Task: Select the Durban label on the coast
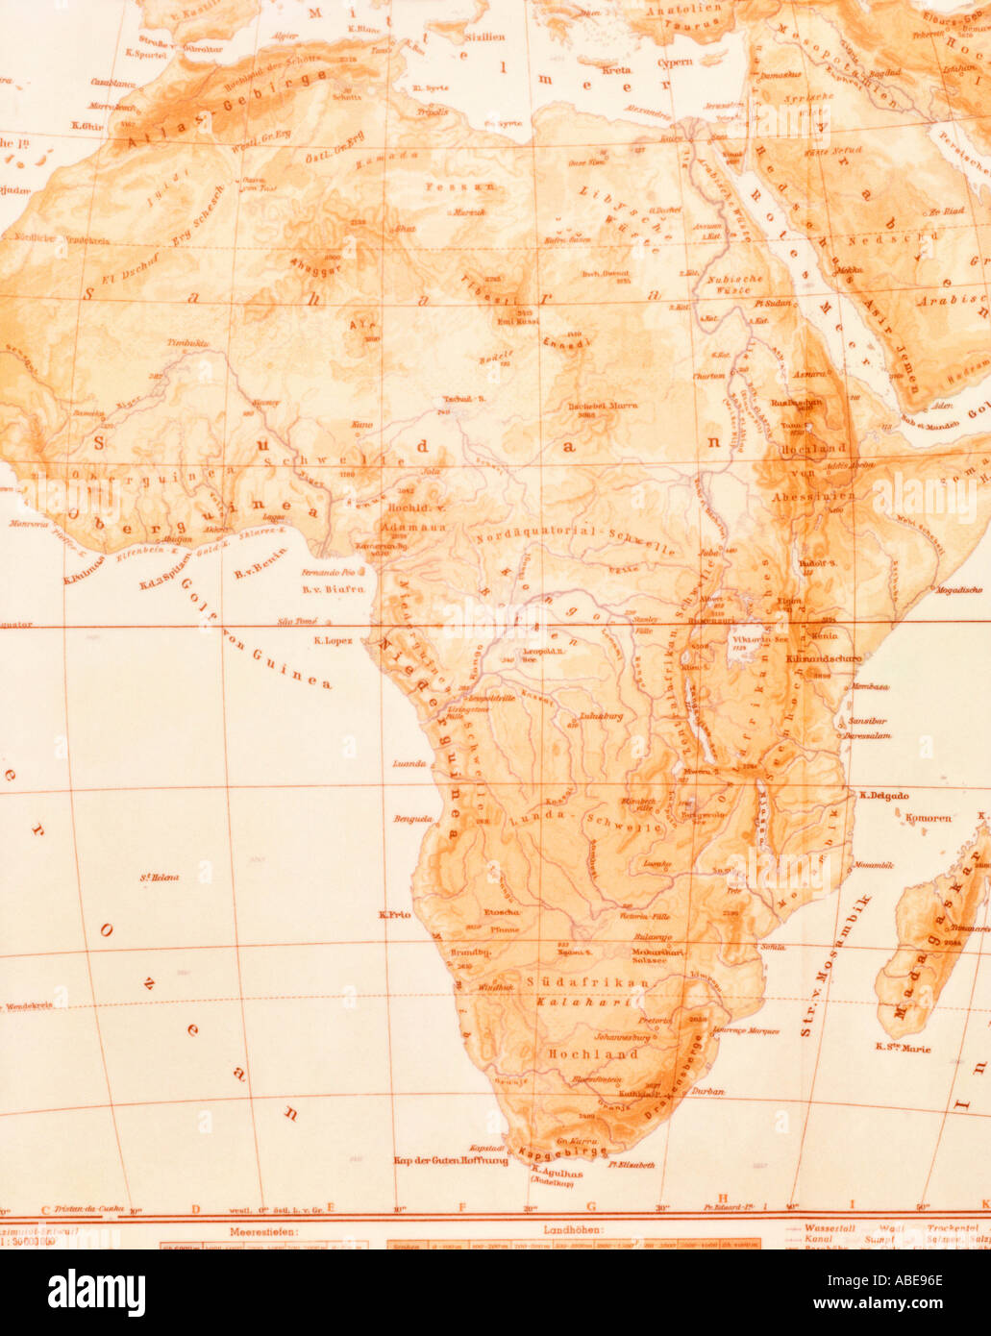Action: tap(708, 1092)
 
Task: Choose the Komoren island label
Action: tap(928, 818)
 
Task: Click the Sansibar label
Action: tap(867, 719)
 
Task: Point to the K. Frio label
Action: tap(395, 914)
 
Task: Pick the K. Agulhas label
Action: tap(553, 1174)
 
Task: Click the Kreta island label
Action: tap(615, 70)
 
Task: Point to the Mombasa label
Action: tap(868, 687)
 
